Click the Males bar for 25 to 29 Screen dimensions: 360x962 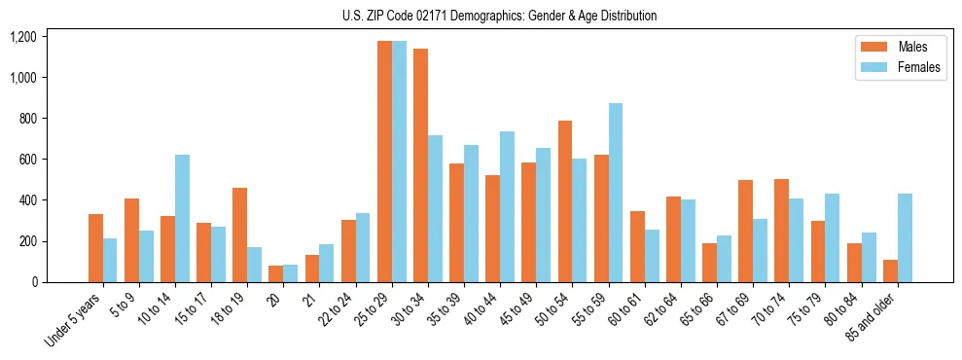coord(384,162)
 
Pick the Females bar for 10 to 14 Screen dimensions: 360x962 coord(182,219)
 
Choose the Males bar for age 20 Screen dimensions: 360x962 coord(276,273)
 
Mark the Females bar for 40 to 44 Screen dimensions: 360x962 coord(507,207)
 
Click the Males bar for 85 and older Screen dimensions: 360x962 coord(890,270)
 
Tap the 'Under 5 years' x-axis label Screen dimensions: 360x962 coord(74,320)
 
